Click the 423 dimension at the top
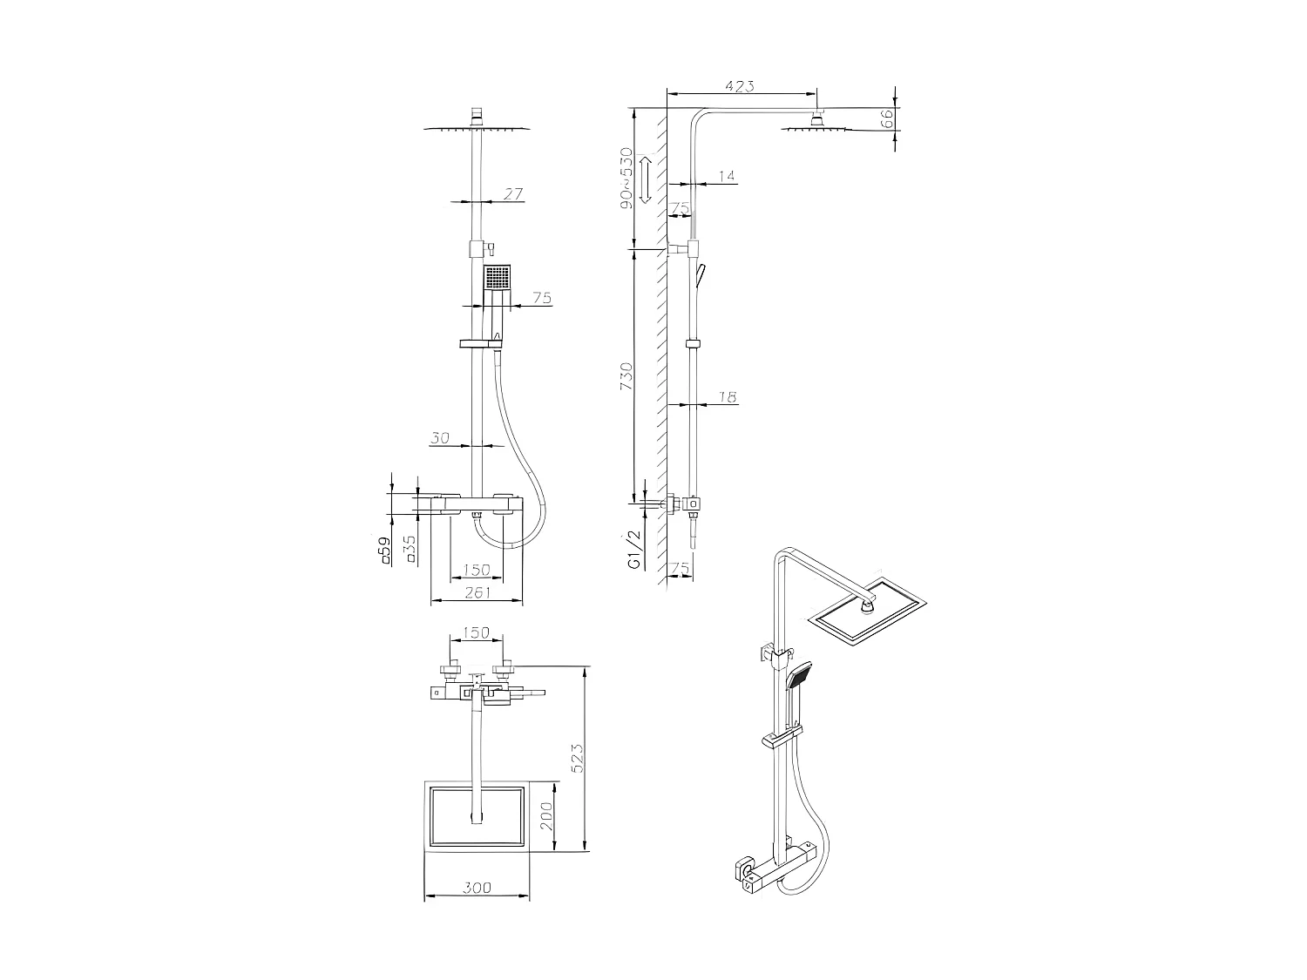click(x=739, y=85)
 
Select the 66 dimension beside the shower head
click(x=887, y=119)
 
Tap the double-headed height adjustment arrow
click(x=647, y=179)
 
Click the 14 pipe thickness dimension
click(x=727, y=176)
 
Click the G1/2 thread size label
click(x=633, y=550)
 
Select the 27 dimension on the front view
click(x=513, y=194)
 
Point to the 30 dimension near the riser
click(x=440, y=438)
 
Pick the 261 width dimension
click(x=477, y=592)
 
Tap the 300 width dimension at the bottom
click(x=477, y=888)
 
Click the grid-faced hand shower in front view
click(x=498, y=278)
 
